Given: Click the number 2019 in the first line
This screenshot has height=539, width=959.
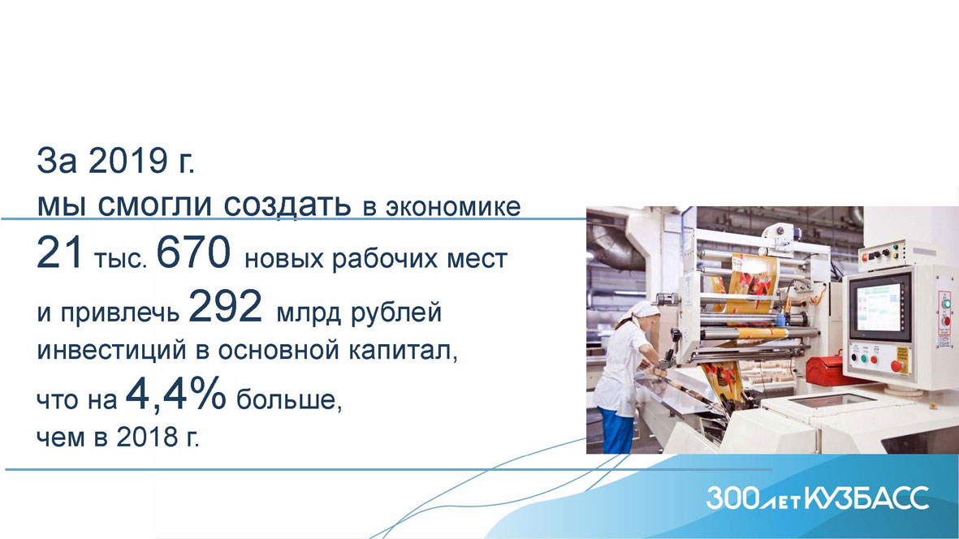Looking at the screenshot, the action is tap(127, 162).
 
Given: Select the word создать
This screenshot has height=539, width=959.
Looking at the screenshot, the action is tap(287, 205).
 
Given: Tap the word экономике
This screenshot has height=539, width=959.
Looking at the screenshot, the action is tap(453, 206).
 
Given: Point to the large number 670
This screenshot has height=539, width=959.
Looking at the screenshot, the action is tap(193, 253).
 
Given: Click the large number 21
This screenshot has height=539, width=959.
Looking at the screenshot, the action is tap(59, 253).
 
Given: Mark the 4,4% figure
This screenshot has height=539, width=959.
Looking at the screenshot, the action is tap(176, 396).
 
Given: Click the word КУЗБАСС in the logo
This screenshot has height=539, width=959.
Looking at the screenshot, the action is tap(866, 498).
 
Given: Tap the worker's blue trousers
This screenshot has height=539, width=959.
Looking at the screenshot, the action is tap(615, 430).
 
